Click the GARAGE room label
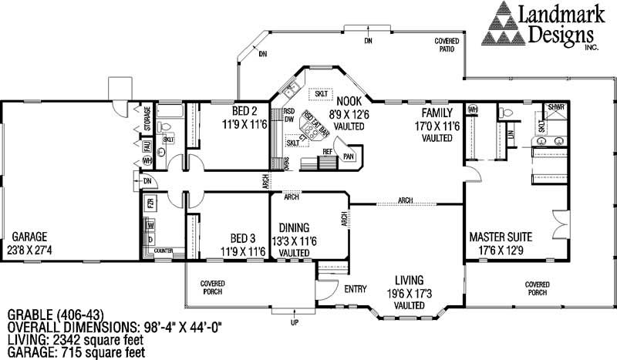pyautogui.click(x=29, y=237)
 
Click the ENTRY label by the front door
pyautogui.click(x=356, y=289)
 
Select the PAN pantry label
pyautogui.click(x=349, y=156)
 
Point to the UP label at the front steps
pyautogui.click(x=293, y=322)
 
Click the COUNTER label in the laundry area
pyautogui.click(x=163, y=250)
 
